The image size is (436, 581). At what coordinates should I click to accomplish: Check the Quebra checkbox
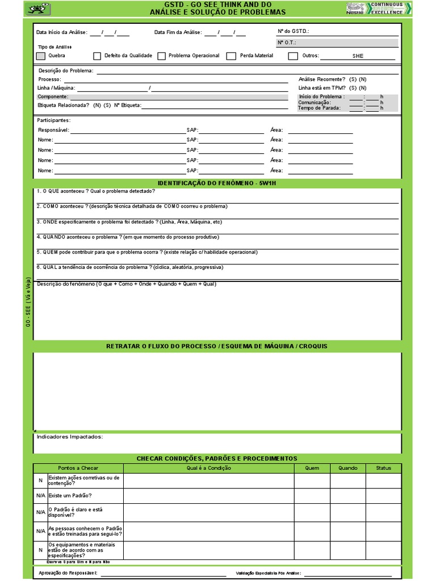point(40,56)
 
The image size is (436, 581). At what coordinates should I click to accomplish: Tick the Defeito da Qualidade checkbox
point(97,56)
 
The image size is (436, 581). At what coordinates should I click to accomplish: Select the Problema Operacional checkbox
point(162,56)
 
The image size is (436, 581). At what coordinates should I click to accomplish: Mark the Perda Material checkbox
point(231,56)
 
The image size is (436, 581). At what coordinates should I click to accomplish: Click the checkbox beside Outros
point(293,56)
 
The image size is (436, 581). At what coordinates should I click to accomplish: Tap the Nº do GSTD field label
point(293,32)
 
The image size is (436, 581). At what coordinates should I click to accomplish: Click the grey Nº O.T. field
point(337,43)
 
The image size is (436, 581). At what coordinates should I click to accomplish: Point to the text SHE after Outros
point(358,56)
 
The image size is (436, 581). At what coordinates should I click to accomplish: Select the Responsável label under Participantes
point(53,130)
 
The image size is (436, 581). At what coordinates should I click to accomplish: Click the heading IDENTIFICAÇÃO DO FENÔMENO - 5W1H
point(216,183)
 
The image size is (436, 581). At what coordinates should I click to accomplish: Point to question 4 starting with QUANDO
point(127,237)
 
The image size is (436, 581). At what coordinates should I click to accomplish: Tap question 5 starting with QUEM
point(146,252)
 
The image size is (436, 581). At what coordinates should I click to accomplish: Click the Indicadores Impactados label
point(70,437)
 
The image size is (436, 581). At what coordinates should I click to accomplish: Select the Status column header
point(383,468)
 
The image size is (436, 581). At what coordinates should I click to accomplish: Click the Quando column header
point(348,468)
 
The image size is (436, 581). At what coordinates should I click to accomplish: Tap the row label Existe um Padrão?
point(70,496)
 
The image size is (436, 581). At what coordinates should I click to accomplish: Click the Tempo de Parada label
point(319,108)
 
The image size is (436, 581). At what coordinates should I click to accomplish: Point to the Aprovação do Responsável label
point(68,574)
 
